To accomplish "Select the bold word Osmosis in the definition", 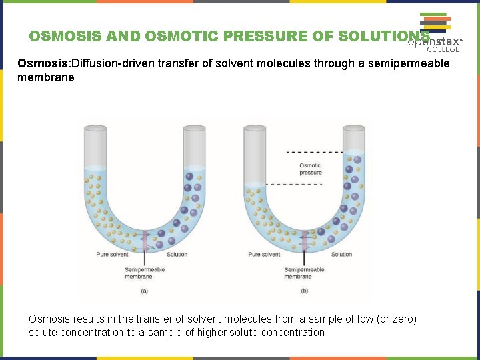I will (x=42, y=63).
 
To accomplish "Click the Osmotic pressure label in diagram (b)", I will (x=310, y=169).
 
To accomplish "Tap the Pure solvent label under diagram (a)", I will (x=112, y=254).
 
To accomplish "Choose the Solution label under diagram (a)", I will (x=177, y=254).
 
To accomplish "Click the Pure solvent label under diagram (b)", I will (x=264, y=254).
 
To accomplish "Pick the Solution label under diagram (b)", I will (x=341, y=254).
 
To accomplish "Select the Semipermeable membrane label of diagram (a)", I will (x=145, y=273).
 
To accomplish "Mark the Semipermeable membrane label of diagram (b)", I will (x=304, y=273).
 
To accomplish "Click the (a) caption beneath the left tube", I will (x=145, y=290).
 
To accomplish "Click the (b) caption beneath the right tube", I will (x=304, y=290).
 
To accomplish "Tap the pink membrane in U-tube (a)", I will (x=145, y=240).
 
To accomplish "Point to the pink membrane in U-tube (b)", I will (x=305, y=240).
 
